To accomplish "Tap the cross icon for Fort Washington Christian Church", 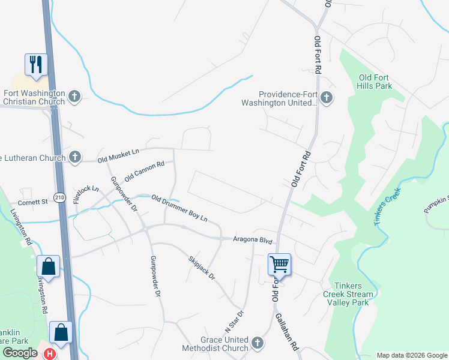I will (74, 97).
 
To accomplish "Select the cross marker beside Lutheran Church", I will (74, 157).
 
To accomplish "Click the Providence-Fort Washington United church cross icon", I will (326, 97).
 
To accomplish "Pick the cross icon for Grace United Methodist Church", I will (257, 343).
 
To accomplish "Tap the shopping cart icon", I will (279, 264).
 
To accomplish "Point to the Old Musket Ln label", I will (118, 155).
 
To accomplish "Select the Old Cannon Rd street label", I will (145, 172).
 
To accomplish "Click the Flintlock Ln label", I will (86, 194).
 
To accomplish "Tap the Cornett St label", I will (32, 203).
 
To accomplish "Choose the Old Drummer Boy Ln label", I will (179, 208).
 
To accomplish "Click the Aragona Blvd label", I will (253, 241).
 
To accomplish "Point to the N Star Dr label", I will (235, 322).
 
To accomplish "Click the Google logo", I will (20, 353).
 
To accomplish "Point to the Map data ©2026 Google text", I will (411, 355).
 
